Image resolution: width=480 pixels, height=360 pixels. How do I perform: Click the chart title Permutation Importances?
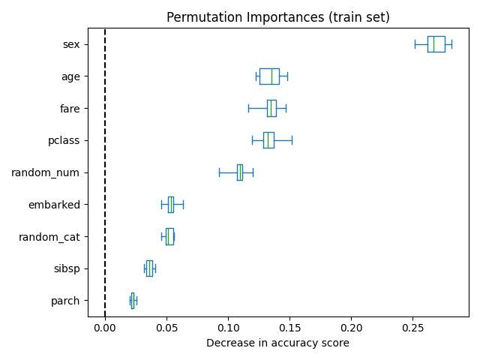tap(277, 17)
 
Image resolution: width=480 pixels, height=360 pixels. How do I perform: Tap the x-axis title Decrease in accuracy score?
tap(277, 343)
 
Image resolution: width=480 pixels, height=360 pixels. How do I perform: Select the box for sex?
tap(436, 44)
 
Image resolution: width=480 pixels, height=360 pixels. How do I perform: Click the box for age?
tap(269, 76)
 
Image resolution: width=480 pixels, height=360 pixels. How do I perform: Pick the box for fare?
tap(271, 109)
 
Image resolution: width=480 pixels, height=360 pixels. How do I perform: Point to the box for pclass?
tap(268, 140)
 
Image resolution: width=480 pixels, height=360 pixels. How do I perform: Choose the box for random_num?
tap(240, 172)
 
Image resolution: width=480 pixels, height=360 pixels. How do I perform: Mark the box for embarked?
tap(171, 205)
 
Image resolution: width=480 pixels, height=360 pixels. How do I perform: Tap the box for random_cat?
tap(169, 237)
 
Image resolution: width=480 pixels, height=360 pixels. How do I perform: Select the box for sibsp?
tap(149, 268)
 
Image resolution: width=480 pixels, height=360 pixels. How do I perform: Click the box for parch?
tap(133, 301)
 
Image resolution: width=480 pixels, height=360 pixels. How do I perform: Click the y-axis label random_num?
tap(45, 172)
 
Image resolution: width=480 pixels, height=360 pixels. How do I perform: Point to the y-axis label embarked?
tap(54, 205)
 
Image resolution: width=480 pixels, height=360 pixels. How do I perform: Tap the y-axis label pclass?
tap(64, 140)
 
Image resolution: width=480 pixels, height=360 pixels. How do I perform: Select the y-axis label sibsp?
tap(66, 268)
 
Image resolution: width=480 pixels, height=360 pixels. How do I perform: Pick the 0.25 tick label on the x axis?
tap(413, 328)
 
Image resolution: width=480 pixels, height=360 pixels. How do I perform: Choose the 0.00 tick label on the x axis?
tap(105, 328)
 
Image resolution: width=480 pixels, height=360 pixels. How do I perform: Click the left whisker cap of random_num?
tap(219, 172)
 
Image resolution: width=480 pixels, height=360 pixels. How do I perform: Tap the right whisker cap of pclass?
tap(292, 140)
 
